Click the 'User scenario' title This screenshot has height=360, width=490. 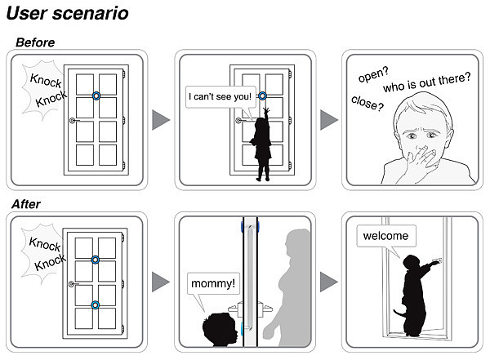coord(68,14)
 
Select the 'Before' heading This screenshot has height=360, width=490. coord(37,42)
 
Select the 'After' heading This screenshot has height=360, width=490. coord(30,204)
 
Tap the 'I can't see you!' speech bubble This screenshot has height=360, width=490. coord(220,97)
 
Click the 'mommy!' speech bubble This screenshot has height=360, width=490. coord(212,284)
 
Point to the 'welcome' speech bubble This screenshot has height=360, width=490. coord(386,237)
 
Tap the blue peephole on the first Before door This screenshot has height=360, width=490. coord(96,96)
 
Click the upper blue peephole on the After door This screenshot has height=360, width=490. coord(96,260)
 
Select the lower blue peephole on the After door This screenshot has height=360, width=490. coord(96,304)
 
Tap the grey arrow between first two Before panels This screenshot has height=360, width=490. coord(161,120)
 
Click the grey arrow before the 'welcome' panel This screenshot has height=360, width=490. coord(328,282)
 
